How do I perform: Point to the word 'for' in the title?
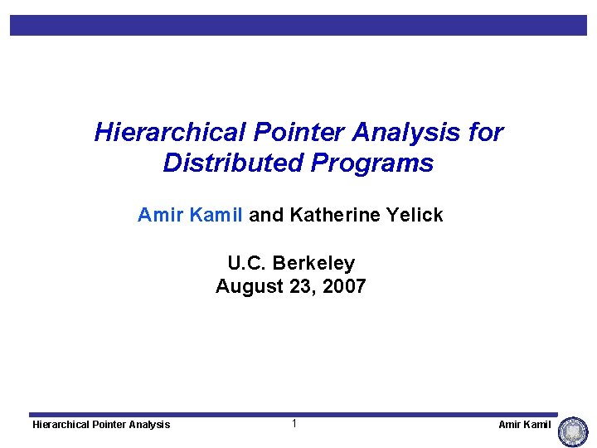point(486,133)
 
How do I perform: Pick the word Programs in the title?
point(372,163)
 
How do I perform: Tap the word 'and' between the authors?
point(266,216)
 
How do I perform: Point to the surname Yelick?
point(415,216)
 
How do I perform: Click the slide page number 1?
point(294,424)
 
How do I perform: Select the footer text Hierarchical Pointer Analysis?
point(101,425)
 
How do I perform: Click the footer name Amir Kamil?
point(524,425)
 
